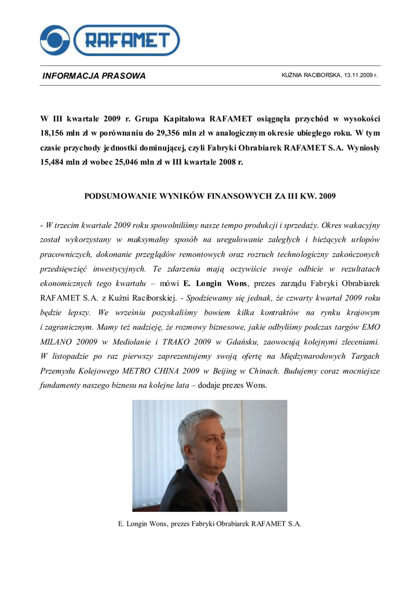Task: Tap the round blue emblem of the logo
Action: [x=54, y=41]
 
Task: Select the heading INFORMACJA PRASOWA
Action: [x=94, y=76]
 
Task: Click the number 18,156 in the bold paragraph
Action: [x=52, y=133]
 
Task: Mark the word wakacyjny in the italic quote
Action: [x=361, y=225]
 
